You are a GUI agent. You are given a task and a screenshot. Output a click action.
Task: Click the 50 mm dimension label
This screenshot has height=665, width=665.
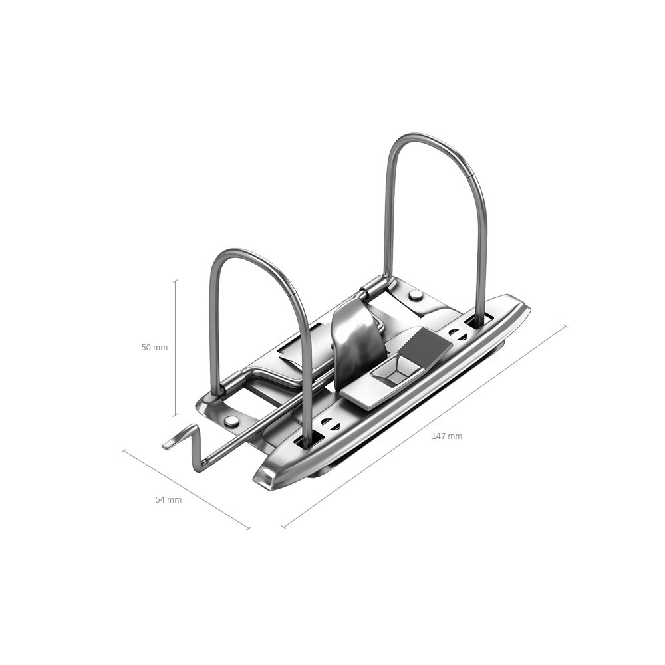154,348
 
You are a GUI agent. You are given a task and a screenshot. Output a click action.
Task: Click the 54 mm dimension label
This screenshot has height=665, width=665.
168,500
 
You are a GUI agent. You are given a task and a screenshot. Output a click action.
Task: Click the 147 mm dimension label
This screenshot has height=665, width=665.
447,436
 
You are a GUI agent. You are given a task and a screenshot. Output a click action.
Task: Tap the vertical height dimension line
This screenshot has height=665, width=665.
175,348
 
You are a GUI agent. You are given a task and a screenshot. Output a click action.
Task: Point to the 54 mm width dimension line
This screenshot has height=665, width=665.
186,489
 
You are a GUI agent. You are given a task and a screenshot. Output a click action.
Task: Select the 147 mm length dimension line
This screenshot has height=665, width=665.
424,426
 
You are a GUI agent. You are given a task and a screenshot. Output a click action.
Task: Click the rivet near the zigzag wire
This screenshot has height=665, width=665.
231,420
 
